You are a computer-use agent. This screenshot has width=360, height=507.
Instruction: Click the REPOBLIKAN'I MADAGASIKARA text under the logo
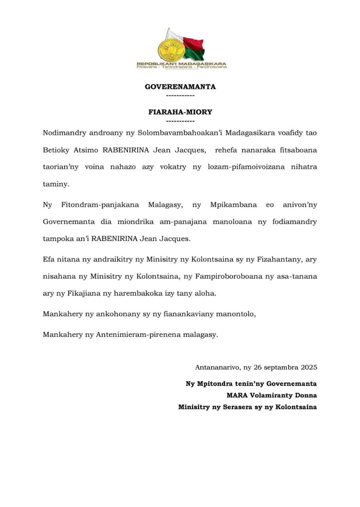pyautogui.click(x=181, y=63)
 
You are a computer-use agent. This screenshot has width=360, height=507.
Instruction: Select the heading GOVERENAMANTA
pyautogui.click(x=180, y=87)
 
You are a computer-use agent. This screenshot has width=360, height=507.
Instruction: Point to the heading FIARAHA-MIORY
pyautogui.click(x=180, y=112)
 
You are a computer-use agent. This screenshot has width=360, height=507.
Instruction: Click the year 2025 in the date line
pyautogui.click(x=308, y=367)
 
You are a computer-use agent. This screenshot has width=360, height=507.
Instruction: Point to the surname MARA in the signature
pyautogui.click(x=237, y=395)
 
